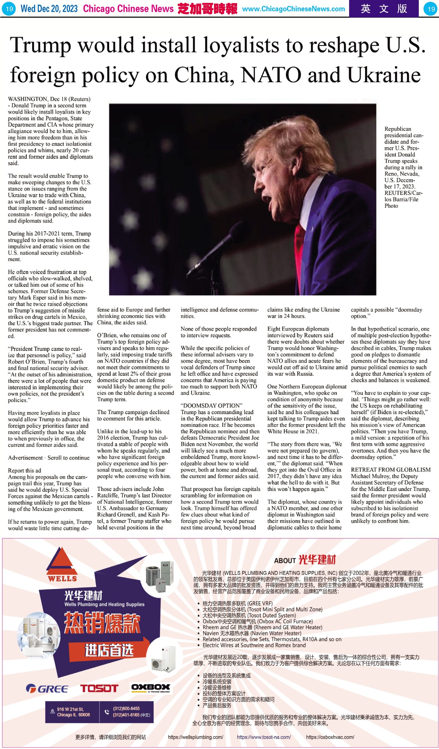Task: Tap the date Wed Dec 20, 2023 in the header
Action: pyautogui.click(x=49, y=8)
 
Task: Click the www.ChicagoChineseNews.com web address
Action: pyautogui.click(x=293, y=9)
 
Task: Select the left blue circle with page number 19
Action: pyautogui.click(x=9, y=9)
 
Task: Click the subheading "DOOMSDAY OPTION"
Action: pyautogui.click(x=211, y=406)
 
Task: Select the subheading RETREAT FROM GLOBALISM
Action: pyautogui.click(x=390, y=470)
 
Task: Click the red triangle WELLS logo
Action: pyautogui.click(x=62, y=564)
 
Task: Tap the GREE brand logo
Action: pyautogui.click(x=47, y=688)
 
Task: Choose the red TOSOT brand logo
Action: pyautogui.click(x=99, y=688)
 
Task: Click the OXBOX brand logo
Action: pyautogui.click(x=151, y=688)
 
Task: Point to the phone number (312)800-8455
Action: pyautogui.click(x=126, y=708)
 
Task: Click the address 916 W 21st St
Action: pyautogui.click(x=71, y=709)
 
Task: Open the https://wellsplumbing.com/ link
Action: pyautogui.click(x=196, y=737)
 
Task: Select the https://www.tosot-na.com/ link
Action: pyautogui.click(x=264, y=737)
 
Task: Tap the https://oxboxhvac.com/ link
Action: pyautogui.click(x=330, y=737)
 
